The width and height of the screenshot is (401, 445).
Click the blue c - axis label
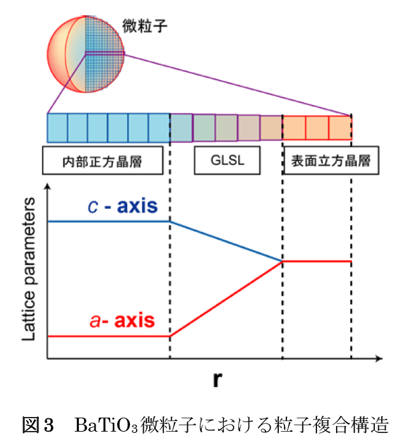[122, 207]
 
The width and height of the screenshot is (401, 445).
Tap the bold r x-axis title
[218, 381]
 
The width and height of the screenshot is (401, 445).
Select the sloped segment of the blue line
[226, 241]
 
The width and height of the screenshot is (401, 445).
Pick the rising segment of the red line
[226, 298]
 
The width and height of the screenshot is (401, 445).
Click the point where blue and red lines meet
[282, 261]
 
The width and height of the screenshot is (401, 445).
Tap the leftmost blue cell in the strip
[57, 127]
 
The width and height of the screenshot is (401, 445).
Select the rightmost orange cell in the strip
[341, 127]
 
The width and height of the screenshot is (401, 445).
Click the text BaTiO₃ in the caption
[106, 424]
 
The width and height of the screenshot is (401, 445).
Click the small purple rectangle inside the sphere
[104, 53]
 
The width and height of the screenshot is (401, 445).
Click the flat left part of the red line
[108, 336]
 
